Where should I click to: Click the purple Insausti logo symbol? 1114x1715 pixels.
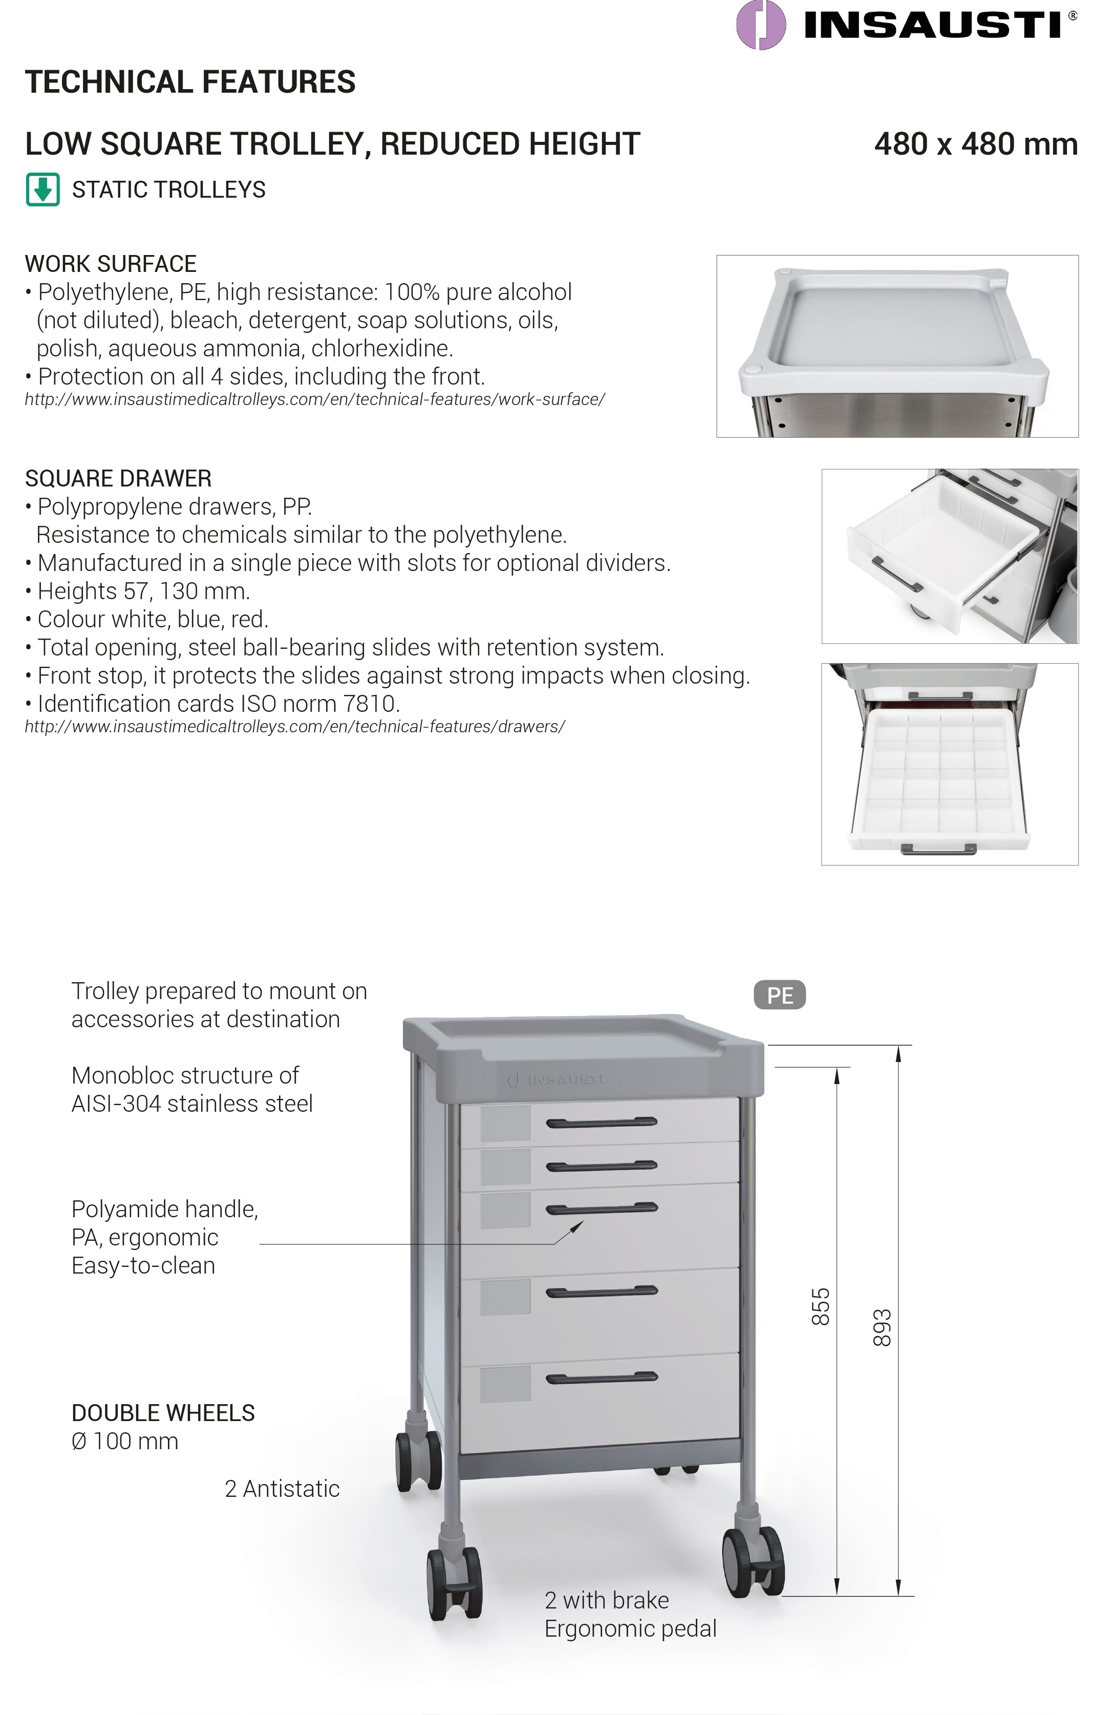(x=760, y=25)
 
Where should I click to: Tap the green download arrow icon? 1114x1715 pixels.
(x=42, y=189)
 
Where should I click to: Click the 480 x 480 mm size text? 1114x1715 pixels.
(x=976, y=144)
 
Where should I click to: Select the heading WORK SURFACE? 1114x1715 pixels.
(x=110, y=264)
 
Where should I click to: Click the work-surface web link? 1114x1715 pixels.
(x=315, y=399)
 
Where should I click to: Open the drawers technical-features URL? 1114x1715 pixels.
(x=295, y=726)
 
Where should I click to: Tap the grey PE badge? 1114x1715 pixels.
(x=780, y=995)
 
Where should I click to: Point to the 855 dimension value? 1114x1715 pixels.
(x=821, y=1306)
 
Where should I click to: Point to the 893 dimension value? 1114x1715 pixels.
(x=882, y=1327)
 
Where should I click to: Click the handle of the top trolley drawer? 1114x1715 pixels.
(x=602, y=1122)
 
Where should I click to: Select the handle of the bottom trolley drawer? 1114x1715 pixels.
(x=602, y=1378)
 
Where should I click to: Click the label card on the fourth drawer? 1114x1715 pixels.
(x=505, y=1297)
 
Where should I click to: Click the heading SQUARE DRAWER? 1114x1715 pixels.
(x=118, y=478)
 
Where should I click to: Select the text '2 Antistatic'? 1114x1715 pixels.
(x=282, y=1488)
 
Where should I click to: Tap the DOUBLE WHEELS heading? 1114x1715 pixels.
(x=163, y=1413)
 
